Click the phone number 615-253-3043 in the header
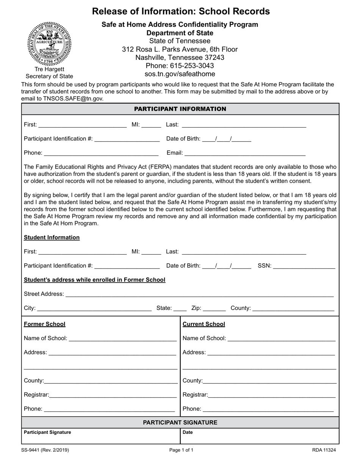pyautogui.click(x=180, y=66)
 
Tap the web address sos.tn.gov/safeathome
pyautogui.click(x=180, y=74)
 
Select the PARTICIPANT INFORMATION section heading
pyautogui.click(x=180, y=109)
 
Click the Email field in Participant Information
pyautogui.click(x=245, y=153)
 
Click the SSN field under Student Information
pyautogui.click(x=304, y=266)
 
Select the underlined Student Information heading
pyautogui.click(x=52, y=238)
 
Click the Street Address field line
pyautogui.click(x=199, y=294)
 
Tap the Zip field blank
pyautogui.click(x=214, y=308)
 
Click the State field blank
pyautogui.click(x=180, y=308)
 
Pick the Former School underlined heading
pyautogui.click(x=44, y=324)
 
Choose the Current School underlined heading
pyautogui.click(x=203, y=324)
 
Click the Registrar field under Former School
pyautogui.click(x=113, y=395)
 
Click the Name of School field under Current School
pyautogui.click(x=282, y=338)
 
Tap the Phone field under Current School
pyautogui.click(x=268, y=409)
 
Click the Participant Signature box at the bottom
pyautogui.click(x=100, y=436)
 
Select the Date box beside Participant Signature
pyautogui.click(x=260, y=436)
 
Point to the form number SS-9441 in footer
pyautogui.click(x=45, y=450)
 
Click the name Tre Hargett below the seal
pyautogui.click(x=49, y=69)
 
